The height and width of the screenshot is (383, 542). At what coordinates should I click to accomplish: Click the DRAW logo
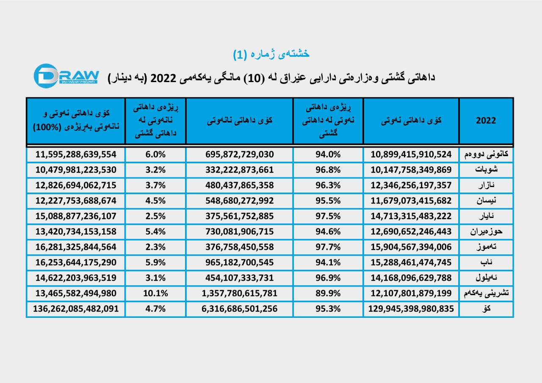click(66, 76)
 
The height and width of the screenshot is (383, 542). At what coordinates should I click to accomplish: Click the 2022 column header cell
click(486, 121)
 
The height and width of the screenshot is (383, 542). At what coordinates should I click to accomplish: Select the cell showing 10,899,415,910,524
click(411, 154)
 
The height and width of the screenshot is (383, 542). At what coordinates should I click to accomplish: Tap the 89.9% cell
click(328, 293)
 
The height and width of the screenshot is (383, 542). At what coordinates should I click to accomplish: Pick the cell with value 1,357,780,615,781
click(239, 293)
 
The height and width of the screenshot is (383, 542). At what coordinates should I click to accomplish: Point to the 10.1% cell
click(155, 293)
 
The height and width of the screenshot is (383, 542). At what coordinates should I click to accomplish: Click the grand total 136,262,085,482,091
click(76, 309)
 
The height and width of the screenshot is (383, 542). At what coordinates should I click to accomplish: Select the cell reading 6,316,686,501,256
click(239, 309)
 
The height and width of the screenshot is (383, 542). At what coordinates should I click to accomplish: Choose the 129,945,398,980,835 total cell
click(411, 309)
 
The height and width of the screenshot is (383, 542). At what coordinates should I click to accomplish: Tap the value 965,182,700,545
click(239, 262)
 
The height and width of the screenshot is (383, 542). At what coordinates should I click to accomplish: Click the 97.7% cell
click(328, 247)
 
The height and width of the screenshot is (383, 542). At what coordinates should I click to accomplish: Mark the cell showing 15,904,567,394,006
click(411, 247)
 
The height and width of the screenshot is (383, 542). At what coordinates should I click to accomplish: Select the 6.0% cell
click(155, 154)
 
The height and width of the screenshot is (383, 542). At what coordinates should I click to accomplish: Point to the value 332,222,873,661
click(239, 170)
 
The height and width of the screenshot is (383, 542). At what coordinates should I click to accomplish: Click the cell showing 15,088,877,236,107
click(76, 216)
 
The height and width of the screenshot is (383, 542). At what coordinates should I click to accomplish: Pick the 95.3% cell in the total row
click(328, 309)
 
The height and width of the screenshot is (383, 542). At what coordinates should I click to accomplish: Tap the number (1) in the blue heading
click(240, 54)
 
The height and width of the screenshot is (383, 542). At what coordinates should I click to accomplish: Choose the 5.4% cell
click(155, 231)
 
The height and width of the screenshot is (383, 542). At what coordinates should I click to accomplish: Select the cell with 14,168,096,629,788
click(411, 278)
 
